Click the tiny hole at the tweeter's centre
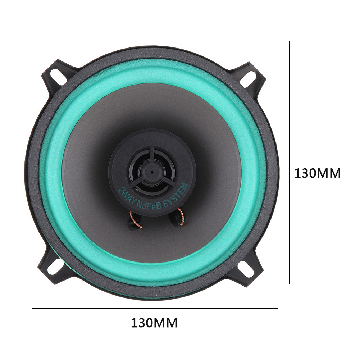[152, 172]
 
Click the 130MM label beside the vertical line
[317, 173]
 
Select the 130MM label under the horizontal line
[154, 323]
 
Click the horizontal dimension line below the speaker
[155, 308]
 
